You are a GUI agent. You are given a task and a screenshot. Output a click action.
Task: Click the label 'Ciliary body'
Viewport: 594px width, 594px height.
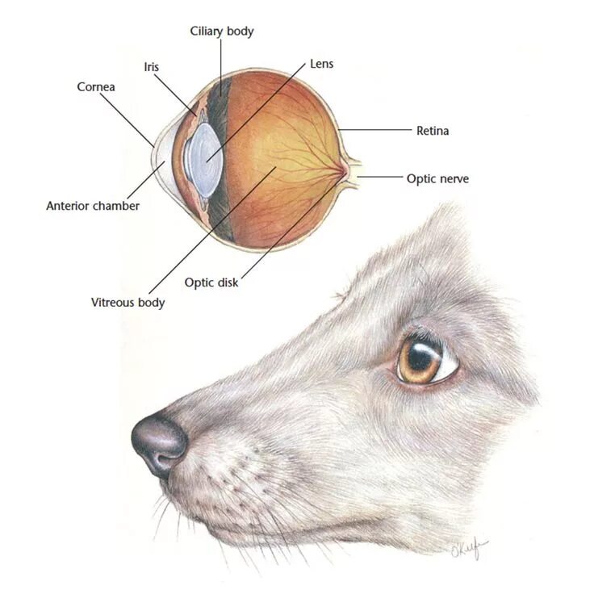[x=221, y=31]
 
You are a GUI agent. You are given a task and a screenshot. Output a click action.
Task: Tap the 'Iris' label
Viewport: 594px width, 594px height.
[x=150, y=67]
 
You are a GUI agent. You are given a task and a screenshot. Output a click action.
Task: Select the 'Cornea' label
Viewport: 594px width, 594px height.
[x=95, y=86]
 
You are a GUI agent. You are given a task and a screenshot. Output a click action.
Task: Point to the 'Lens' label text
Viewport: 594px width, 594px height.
[x=320, y=64]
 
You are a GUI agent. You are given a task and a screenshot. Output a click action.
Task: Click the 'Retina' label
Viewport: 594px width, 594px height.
[x=432, y=130]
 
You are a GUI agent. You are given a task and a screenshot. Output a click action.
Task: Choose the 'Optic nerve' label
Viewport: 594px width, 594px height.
[x=437, y=178]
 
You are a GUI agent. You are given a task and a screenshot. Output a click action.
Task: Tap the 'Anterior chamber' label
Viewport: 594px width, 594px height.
[x=92, y=206]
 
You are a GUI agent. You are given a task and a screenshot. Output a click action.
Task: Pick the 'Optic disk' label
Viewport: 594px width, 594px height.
[x=211, y=282]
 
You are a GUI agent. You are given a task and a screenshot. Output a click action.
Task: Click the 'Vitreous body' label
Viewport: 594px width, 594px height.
[x=128, y=303]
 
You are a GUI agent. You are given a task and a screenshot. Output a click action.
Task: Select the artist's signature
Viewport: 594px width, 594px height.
[x=471, y=551]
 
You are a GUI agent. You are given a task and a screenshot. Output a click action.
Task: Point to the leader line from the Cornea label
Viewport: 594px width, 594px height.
[x=129, y=117]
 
